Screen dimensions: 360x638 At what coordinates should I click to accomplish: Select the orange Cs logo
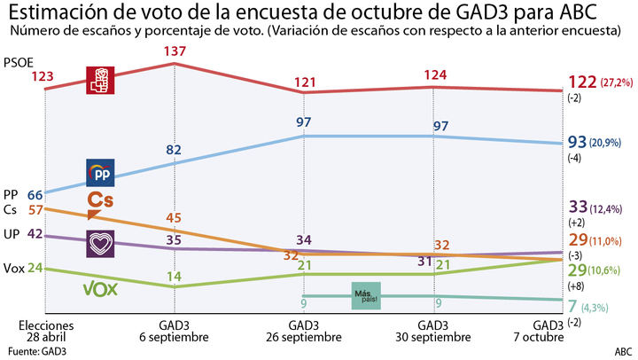100,203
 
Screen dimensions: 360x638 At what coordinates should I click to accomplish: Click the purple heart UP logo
99,242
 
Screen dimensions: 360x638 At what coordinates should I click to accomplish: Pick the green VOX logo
100,289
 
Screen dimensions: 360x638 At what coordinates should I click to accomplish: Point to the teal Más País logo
365,296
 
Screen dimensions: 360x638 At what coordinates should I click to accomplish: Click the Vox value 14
175,276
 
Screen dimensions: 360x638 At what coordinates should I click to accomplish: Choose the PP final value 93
578,142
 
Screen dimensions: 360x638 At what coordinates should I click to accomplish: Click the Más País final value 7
573,306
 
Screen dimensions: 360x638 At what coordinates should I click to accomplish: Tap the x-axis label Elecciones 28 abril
45,332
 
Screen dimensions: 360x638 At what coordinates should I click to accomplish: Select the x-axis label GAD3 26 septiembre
304,332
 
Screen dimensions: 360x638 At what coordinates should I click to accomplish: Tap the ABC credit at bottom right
624,351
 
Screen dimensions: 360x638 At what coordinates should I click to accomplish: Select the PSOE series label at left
17,64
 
